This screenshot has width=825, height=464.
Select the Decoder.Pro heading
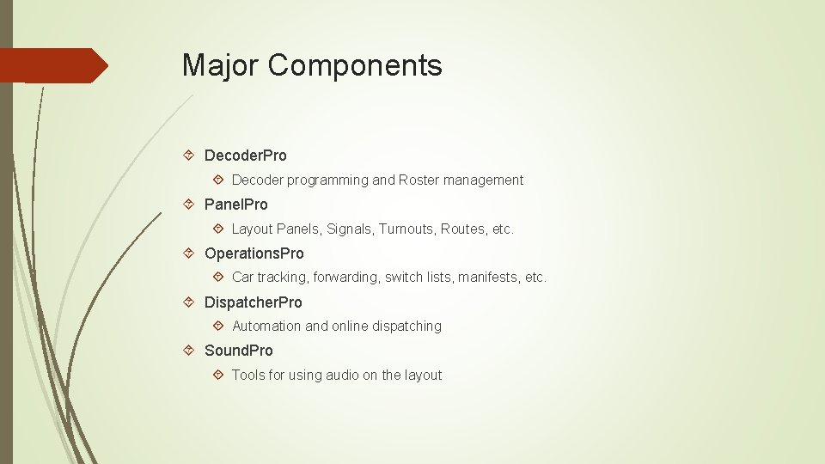(246, 156)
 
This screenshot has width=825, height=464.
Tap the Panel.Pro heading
(236, 205)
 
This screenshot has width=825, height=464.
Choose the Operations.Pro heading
(254, 253)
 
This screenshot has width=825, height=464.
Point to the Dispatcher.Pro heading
(254, 302)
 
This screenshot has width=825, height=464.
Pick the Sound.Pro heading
(239, 351)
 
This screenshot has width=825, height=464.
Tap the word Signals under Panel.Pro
(349, 229)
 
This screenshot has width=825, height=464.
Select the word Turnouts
(406, 229)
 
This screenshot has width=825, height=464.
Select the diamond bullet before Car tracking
(218, 278)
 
